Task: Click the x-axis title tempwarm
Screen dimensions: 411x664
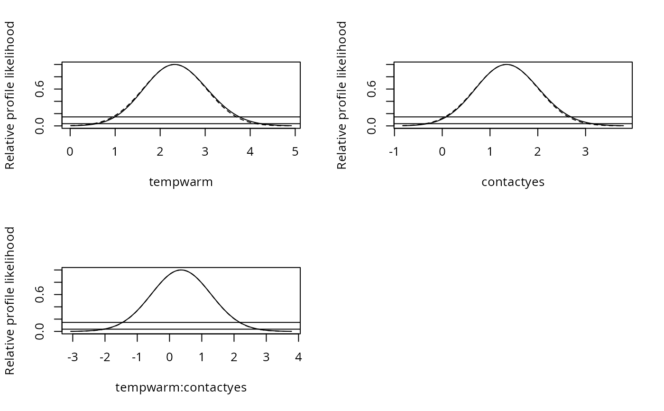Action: (181, 182)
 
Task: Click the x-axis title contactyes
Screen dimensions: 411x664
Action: (513, 182)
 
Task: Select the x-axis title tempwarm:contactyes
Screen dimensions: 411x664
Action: (181, 388)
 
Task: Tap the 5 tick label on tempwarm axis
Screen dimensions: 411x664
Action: (295, 152)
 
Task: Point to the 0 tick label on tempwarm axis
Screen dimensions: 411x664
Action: (70, 152)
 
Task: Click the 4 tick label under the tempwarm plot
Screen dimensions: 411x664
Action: (250, 152)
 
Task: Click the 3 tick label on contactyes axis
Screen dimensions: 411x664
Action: (585, 152)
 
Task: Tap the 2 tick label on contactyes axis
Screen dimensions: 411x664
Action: (537, 152)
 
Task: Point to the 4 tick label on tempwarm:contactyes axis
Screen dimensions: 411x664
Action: (298, 357)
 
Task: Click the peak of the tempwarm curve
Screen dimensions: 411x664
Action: (175, 65)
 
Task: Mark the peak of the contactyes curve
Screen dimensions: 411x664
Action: (507, 65)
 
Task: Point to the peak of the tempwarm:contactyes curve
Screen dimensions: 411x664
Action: (181, 270)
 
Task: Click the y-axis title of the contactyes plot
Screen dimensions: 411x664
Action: (342, 95)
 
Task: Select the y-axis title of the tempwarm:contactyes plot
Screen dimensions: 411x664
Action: (10, 300)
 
